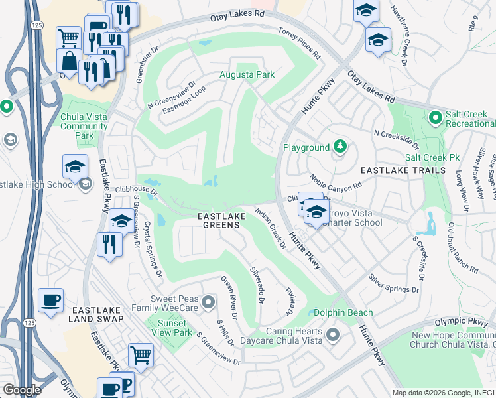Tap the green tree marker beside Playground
(x=340, y=147)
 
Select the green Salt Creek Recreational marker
(x=435, y=118)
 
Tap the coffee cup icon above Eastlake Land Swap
(x=51, y=300)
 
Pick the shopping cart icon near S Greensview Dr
(x=141, y=355)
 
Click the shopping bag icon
(x=69, y=61)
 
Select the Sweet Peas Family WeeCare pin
(x=208, y=304)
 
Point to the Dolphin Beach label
(x=343, y=312)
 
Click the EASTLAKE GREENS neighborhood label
(x=221, y=220)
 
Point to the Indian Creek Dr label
(x=271, y=228)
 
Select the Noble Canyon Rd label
(x=336, y=180)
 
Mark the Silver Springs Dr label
(x=394, y=283)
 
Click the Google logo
(x=21, y=389)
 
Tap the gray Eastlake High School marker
(x=85, y=184)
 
